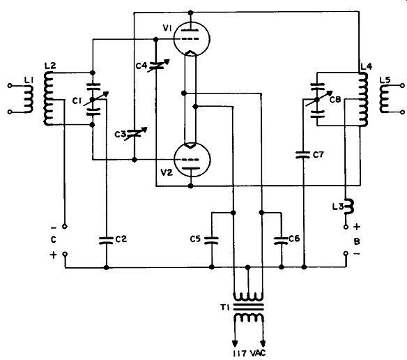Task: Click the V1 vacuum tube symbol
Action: coord(191,38)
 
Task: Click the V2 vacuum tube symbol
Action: coord(191,160)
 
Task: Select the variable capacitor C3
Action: coord(135,134)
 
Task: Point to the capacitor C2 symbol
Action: coord(106,240)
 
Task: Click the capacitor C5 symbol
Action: coord(212,240)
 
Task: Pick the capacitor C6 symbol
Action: coord(281,240)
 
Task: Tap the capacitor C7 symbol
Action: coord(303,155)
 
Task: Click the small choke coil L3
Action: coord(348,207)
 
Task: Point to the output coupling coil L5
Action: coord(385,99)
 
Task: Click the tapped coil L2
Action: coord(48,98)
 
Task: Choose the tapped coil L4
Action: coord(363,100)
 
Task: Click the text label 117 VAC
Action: coord(249,353)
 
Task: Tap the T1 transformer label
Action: coord(225,308)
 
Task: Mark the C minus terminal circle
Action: coord(65,227)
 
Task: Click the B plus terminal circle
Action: coord(346,227)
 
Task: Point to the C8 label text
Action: coord(335,99)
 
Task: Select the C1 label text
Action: coord(77,100)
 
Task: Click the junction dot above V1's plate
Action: coord(190,13)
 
